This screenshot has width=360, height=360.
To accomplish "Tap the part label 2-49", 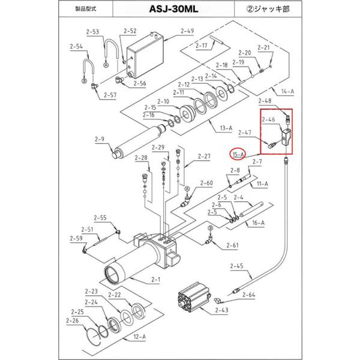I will (170, 31).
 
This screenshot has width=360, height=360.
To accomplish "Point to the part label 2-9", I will (100, 139).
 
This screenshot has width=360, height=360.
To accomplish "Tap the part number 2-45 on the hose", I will (236, 266).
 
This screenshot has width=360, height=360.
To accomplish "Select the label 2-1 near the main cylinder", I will (157, 280).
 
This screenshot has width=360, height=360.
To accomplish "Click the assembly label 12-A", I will (139, 337).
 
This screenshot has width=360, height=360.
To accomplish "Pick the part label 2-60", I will (206, 183).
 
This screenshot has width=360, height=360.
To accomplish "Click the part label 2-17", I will (202, 45).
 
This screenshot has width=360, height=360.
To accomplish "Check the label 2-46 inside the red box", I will (268, 119).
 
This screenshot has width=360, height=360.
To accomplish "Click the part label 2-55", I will (100, 218).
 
